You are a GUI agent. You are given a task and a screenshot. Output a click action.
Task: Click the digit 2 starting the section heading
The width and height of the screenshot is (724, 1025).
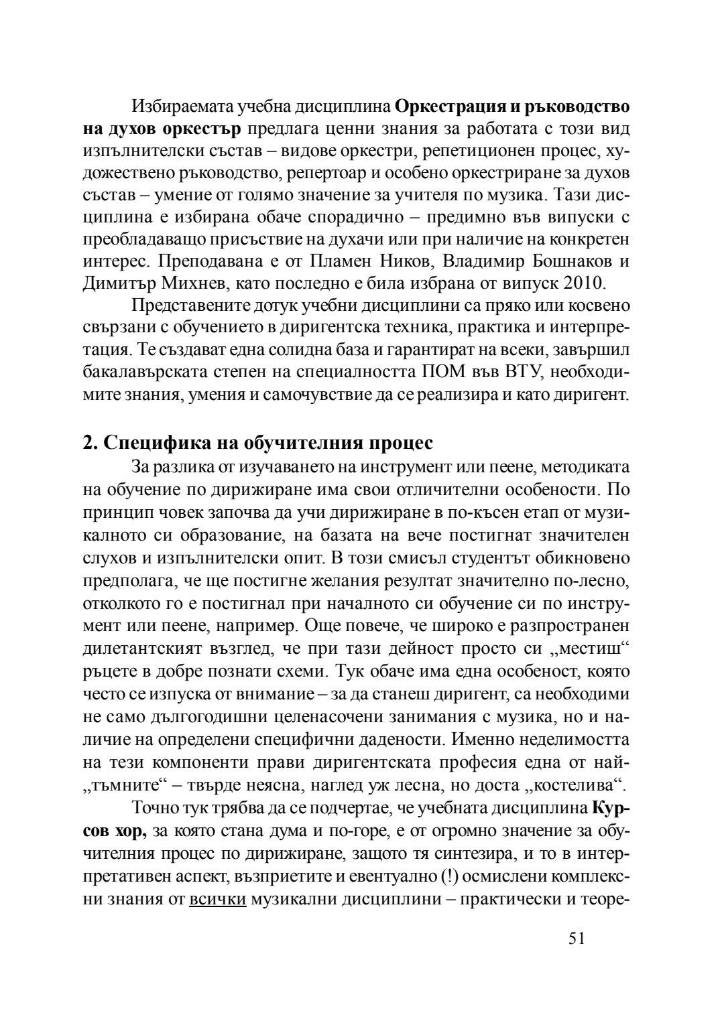(x=87, y=443)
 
